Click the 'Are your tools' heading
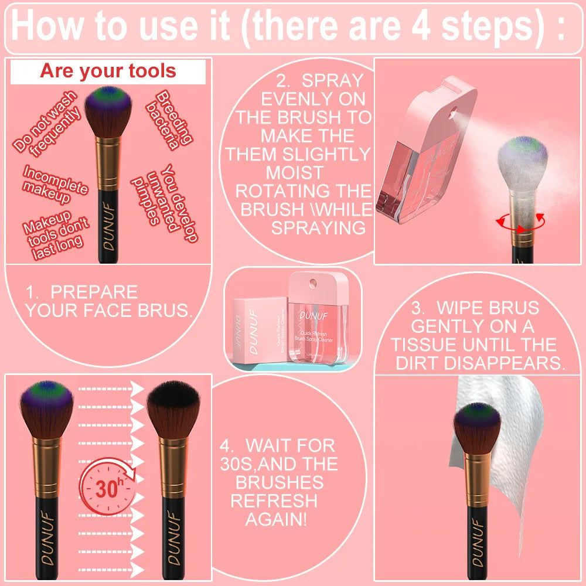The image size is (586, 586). point(108,71)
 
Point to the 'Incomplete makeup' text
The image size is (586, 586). point(54,184)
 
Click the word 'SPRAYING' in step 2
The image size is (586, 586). point(318,228)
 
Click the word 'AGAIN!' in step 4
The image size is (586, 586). point(275,519)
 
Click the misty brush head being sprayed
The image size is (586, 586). point(522,161)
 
